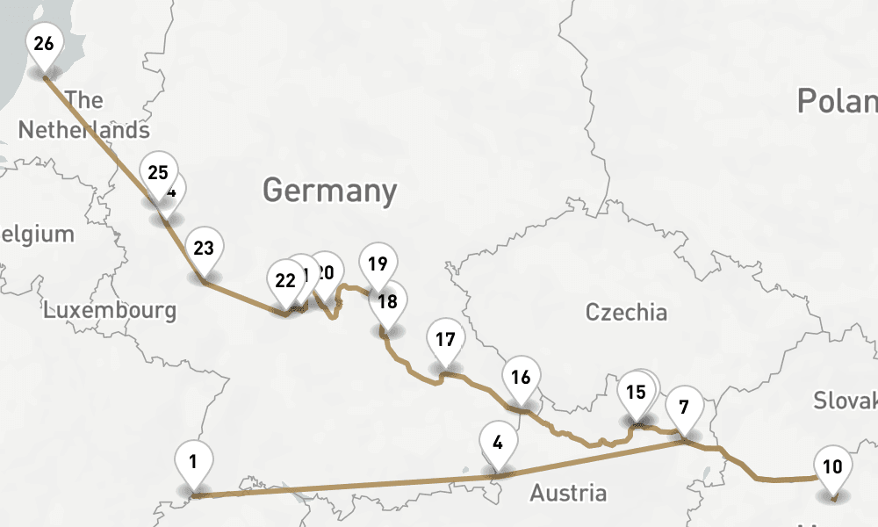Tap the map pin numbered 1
[x=194, y=460]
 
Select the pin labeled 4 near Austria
[x=498, y=442]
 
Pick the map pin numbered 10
[x=832, y=466]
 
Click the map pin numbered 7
[x=684, y=407]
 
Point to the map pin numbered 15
[x=636, y=392]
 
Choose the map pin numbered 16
[x=521, y=377]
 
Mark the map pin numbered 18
[x=387, y=301]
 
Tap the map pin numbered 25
[x=158, y=172]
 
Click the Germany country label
[x=329, y=191]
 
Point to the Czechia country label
[x=626, y=312]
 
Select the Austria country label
[x=568, y=493]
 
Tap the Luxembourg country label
[x=110, y=310]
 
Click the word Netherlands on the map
[x=83, y=130]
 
